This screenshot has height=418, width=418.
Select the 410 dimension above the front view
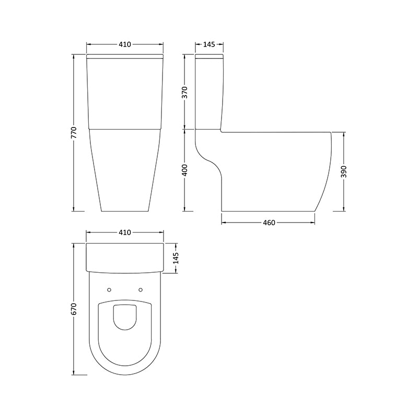pos(124,45)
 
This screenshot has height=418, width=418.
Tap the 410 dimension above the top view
pos(124,233)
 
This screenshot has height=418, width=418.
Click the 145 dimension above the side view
pos(208,45)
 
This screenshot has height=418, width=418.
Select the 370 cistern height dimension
pos(185,92)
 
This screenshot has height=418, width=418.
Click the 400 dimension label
pos(185,170)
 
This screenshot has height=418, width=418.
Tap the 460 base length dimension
pos(268,223)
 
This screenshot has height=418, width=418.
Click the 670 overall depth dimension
pos(75,309)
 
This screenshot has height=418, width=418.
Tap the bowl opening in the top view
pos(124,317)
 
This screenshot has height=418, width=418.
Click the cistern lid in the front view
pos(124,55)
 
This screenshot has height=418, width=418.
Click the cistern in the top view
pos(124,257)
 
